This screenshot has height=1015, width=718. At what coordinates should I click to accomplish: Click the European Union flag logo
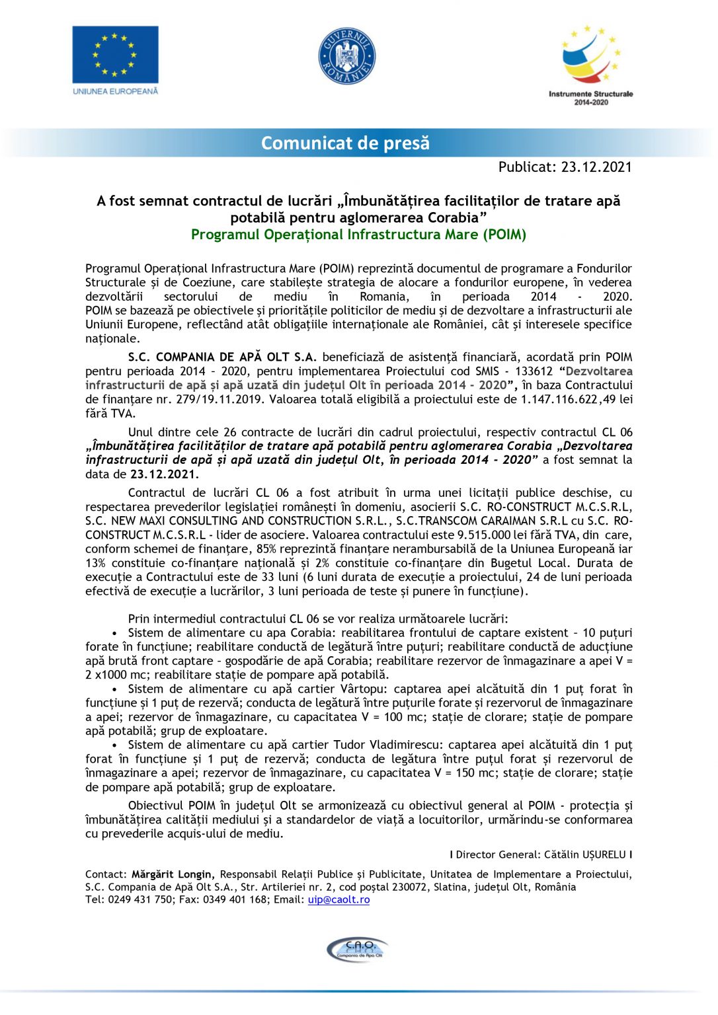tap(115, 54)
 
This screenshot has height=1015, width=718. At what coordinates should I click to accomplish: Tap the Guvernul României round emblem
tap(346, 56)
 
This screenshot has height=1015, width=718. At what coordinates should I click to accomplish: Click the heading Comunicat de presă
tap(345, 143)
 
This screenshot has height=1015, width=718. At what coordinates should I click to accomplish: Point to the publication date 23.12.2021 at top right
tap(596, 167)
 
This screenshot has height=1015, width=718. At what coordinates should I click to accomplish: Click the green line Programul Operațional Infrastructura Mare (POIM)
tap(358, 235)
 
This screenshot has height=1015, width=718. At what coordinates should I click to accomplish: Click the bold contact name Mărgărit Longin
tap(173, 874)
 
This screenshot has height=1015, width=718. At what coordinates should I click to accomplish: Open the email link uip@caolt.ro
tap(339, 899)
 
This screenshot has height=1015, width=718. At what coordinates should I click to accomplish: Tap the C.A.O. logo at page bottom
tap(358, 950)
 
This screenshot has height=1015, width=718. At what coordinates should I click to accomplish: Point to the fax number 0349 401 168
tap(233, 899)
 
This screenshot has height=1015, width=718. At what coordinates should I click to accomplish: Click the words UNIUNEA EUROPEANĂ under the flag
tap(116, 91)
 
